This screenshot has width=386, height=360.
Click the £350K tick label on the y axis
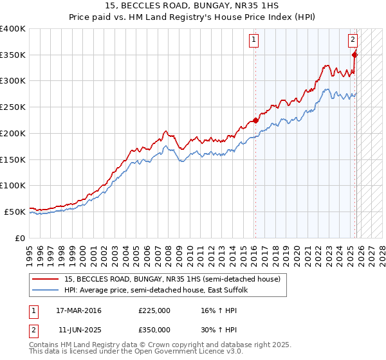[x=13, y=55]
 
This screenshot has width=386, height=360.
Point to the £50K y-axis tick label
[x=15, y=212]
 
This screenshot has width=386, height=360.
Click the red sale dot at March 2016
[x=255, y=120]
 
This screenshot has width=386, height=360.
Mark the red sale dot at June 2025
[x=354, y=55]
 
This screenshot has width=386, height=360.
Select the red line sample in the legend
[x=46, y=280]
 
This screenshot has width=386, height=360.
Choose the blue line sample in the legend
[x=46, y=291]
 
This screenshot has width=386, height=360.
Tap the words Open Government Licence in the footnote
[x=182, y=352]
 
